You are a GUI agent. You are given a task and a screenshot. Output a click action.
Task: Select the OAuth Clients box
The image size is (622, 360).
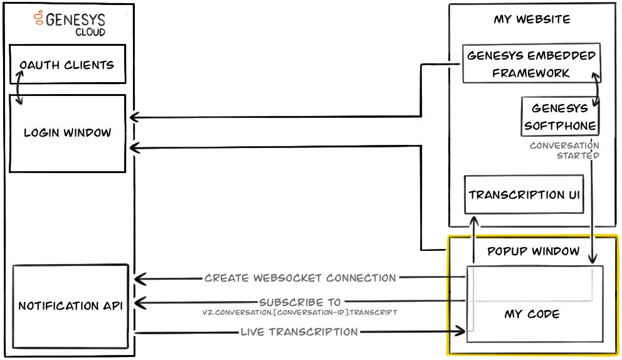pos(67,65)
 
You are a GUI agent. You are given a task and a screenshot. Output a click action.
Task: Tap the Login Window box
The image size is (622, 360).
pos(67,133)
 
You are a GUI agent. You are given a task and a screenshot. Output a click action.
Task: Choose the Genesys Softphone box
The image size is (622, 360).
pos(559,117)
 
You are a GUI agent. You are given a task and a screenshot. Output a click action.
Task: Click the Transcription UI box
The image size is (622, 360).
pos(524,194)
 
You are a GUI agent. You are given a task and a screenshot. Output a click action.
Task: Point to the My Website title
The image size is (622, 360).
pos(532,19)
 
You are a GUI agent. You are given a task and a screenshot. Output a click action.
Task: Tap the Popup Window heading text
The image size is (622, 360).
pos(534,251)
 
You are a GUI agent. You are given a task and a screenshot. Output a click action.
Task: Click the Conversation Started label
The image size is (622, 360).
pos(565,151)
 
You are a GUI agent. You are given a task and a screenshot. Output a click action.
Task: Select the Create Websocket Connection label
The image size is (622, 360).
pos(300,278)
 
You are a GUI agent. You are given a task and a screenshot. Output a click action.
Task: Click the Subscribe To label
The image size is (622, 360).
pos(300,302)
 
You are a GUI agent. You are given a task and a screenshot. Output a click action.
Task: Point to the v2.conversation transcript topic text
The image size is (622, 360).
pos(300,312)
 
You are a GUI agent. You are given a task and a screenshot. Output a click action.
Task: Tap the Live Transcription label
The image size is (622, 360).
pos(299,332)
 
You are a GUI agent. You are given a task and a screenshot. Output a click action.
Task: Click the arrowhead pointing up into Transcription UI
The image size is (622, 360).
pos(473,221)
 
